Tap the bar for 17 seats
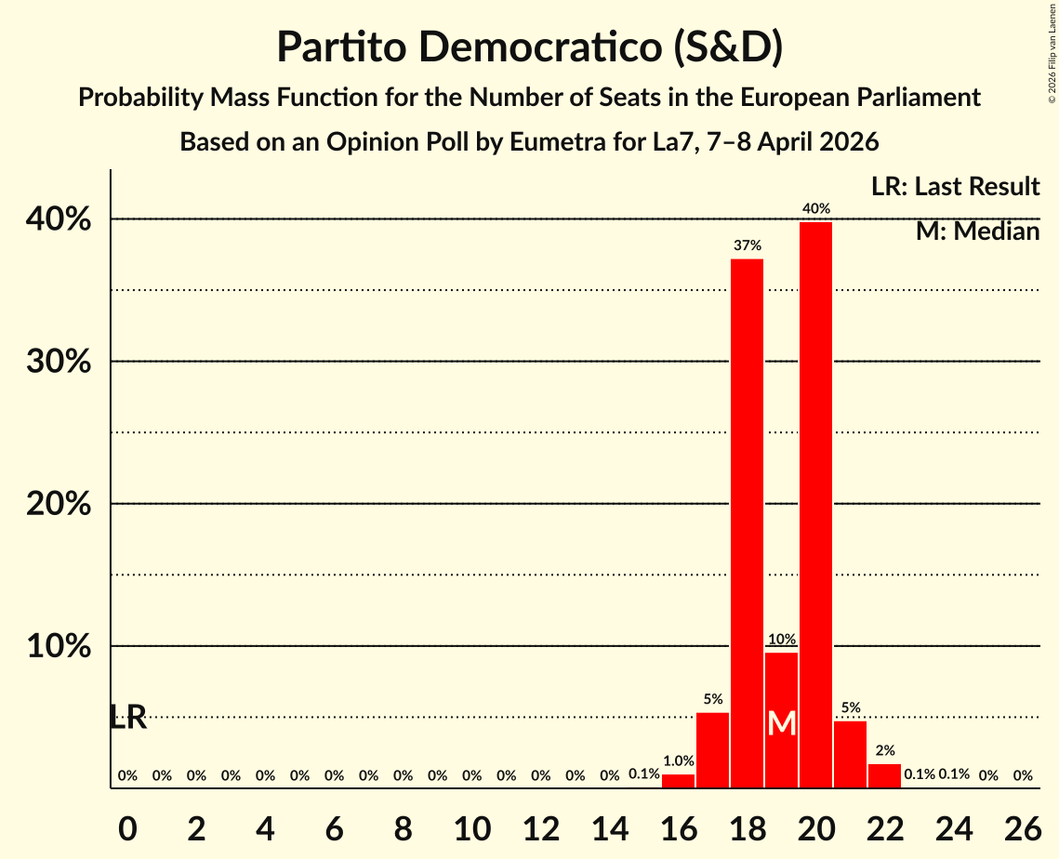(x=712, y=750)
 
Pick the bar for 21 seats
(x=850, y=754)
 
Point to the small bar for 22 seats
(x=884, y=776)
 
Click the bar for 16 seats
(x=678, y=781)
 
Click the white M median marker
(x=782, y=723)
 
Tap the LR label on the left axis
(x=128, y=718)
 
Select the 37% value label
(x=748, y=245)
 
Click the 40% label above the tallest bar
(x=816, y=209)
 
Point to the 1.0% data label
(x=678, y=760)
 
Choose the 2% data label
(x=885, y=750)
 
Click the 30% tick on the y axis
(x=58, y=362)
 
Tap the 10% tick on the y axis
(x=58, y=646)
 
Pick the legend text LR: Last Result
(x=955, y=187)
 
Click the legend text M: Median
(x=977, y=231)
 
